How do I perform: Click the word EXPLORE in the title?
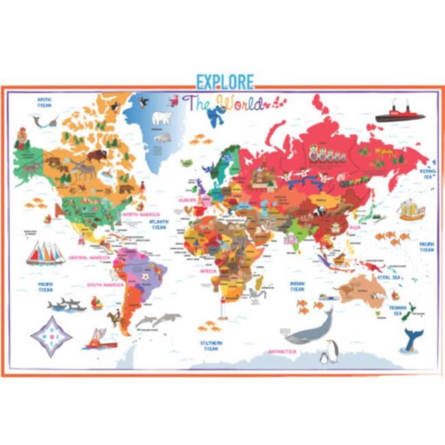(x=225, y=81)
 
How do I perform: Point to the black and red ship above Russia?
(x=400, y=114)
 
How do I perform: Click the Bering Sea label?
(x=426, y=172)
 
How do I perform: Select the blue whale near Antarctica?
(x=309, y=329)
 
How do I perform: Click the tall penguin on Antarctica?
(x=333, y=351)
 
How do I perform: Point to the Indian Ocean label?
(x=297, y=285)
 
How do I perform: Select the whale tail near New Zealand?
(x=412, y=339)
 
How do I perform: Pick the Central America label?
(x=86, y=259)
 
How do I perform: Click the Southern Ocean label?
(x=210, y=344)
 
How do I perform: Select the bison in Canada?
(x=97, y=155)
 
